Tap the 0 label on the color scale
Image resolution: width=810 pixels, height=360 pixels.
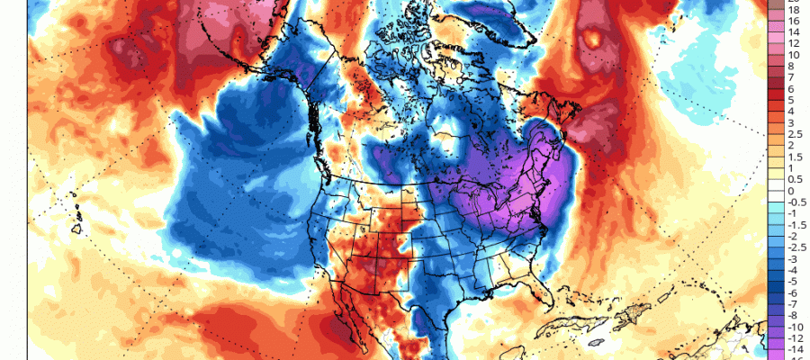click(x=789, y=191)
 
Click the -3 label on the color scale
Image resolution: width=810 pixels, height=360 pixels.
click(x=790, y=259)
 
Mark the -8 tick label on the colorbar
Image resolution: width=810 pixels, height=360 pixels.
click(x=790, y=316)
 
